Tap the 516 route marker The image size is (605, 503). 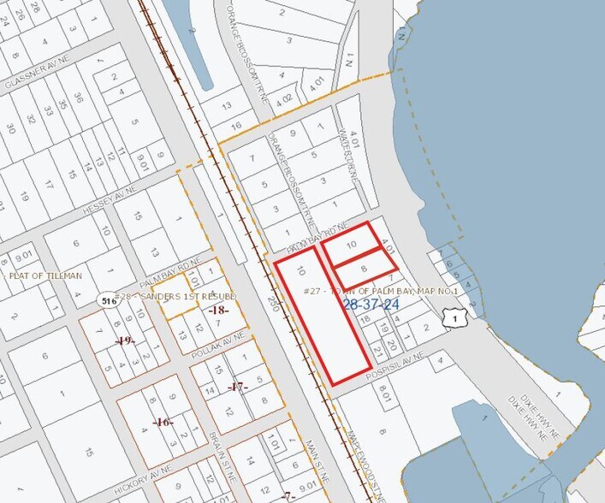[x=109, y=300]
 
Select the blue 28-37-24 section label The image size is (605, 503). [x=371, y=305]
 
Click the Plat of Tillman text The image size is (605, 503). [x=45, y=275]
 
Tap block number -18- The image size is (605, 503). [x=220, y=310]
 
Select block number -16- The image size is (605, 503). [x=163, y=423]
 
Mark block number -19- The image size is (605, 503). [x=126, y=341]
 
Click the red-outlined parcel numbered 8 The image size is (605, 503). [x=363, y=269]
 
